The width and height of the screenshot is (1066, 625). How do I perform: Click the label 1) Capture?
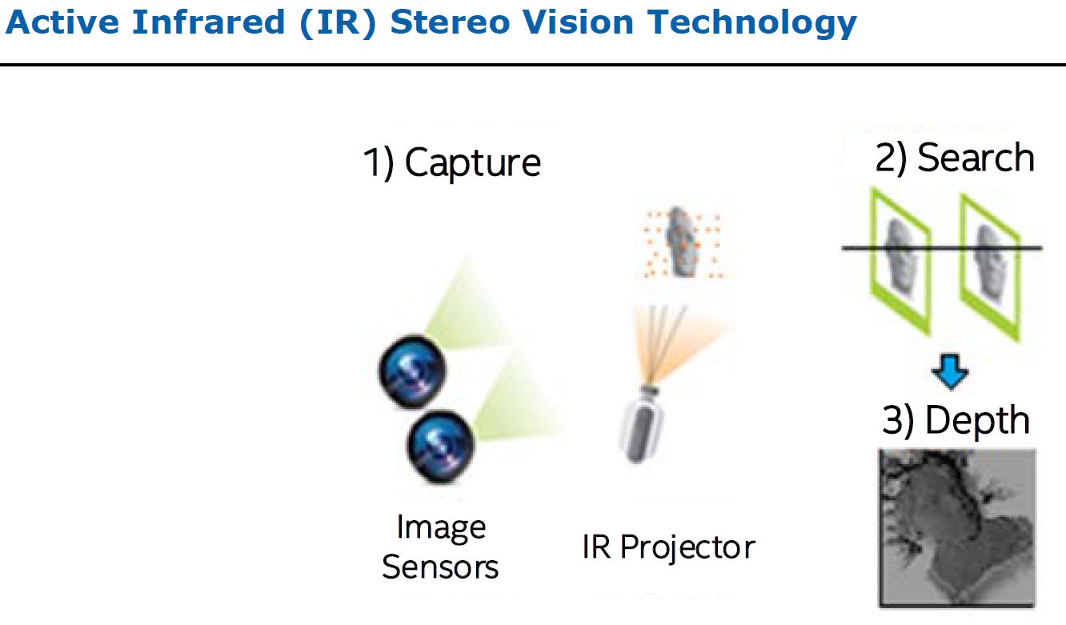tap(453, 162)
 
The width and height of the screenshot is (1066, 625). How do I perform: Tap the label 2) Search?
tap(955, 158)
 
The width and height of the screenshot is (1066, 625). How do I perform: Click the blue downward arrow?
tap(951, 373)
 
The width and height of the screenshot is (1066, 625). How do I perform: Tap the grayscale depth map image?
tap(957, 525)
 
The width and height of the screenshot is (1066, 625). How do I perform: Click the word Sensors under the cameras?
tap(440, 567)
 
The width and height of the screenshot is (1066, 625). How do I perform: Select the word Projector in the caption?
tap(690, 547)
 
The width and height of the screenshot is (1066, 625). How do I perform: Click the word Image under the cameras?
tap(441, 527)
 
